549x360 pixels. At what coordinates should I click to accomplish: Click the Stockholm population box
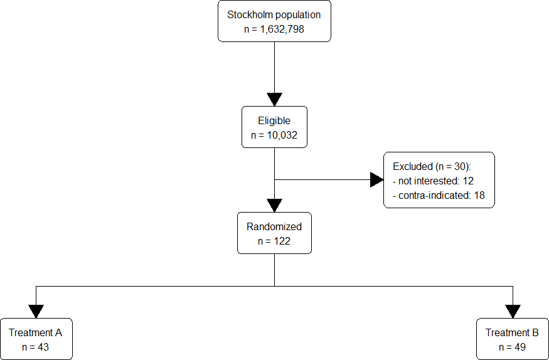(274, 21)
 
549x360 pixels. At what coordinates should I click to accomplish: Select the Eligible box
(274, 127)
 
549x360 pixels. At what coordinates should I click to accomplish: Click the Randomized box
(274, 233)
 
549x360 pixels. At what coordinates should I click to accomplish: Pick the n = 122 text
(274, 241)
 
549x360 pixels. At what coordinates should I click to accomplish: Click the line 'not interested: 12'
(434, 181)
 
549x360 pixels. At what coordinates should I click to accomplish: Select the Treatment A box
(36, 339)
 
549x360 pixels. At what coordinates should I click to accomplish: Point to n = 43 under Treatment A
(36, 347)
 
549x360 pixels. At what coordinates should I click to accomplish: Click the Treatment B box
(512, 339)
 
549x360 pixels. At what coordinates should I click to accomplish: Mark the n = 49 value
(512, 347)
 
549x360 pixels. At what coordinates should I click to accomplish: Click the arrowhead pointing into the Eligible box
(274, 99)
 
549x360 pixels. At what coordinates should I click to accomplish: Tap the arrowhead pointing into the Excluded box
(376, 180)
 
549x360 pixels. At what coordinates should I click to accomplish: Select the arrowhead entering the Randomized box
(274, 206)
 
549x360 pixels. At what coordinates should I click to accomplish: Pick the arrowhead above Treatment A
(36, 311)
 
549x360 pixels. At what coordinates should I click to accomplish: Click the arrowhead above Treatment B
(513, 311)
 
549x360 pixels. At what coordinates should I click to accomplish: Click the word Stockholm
(247, 14)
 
